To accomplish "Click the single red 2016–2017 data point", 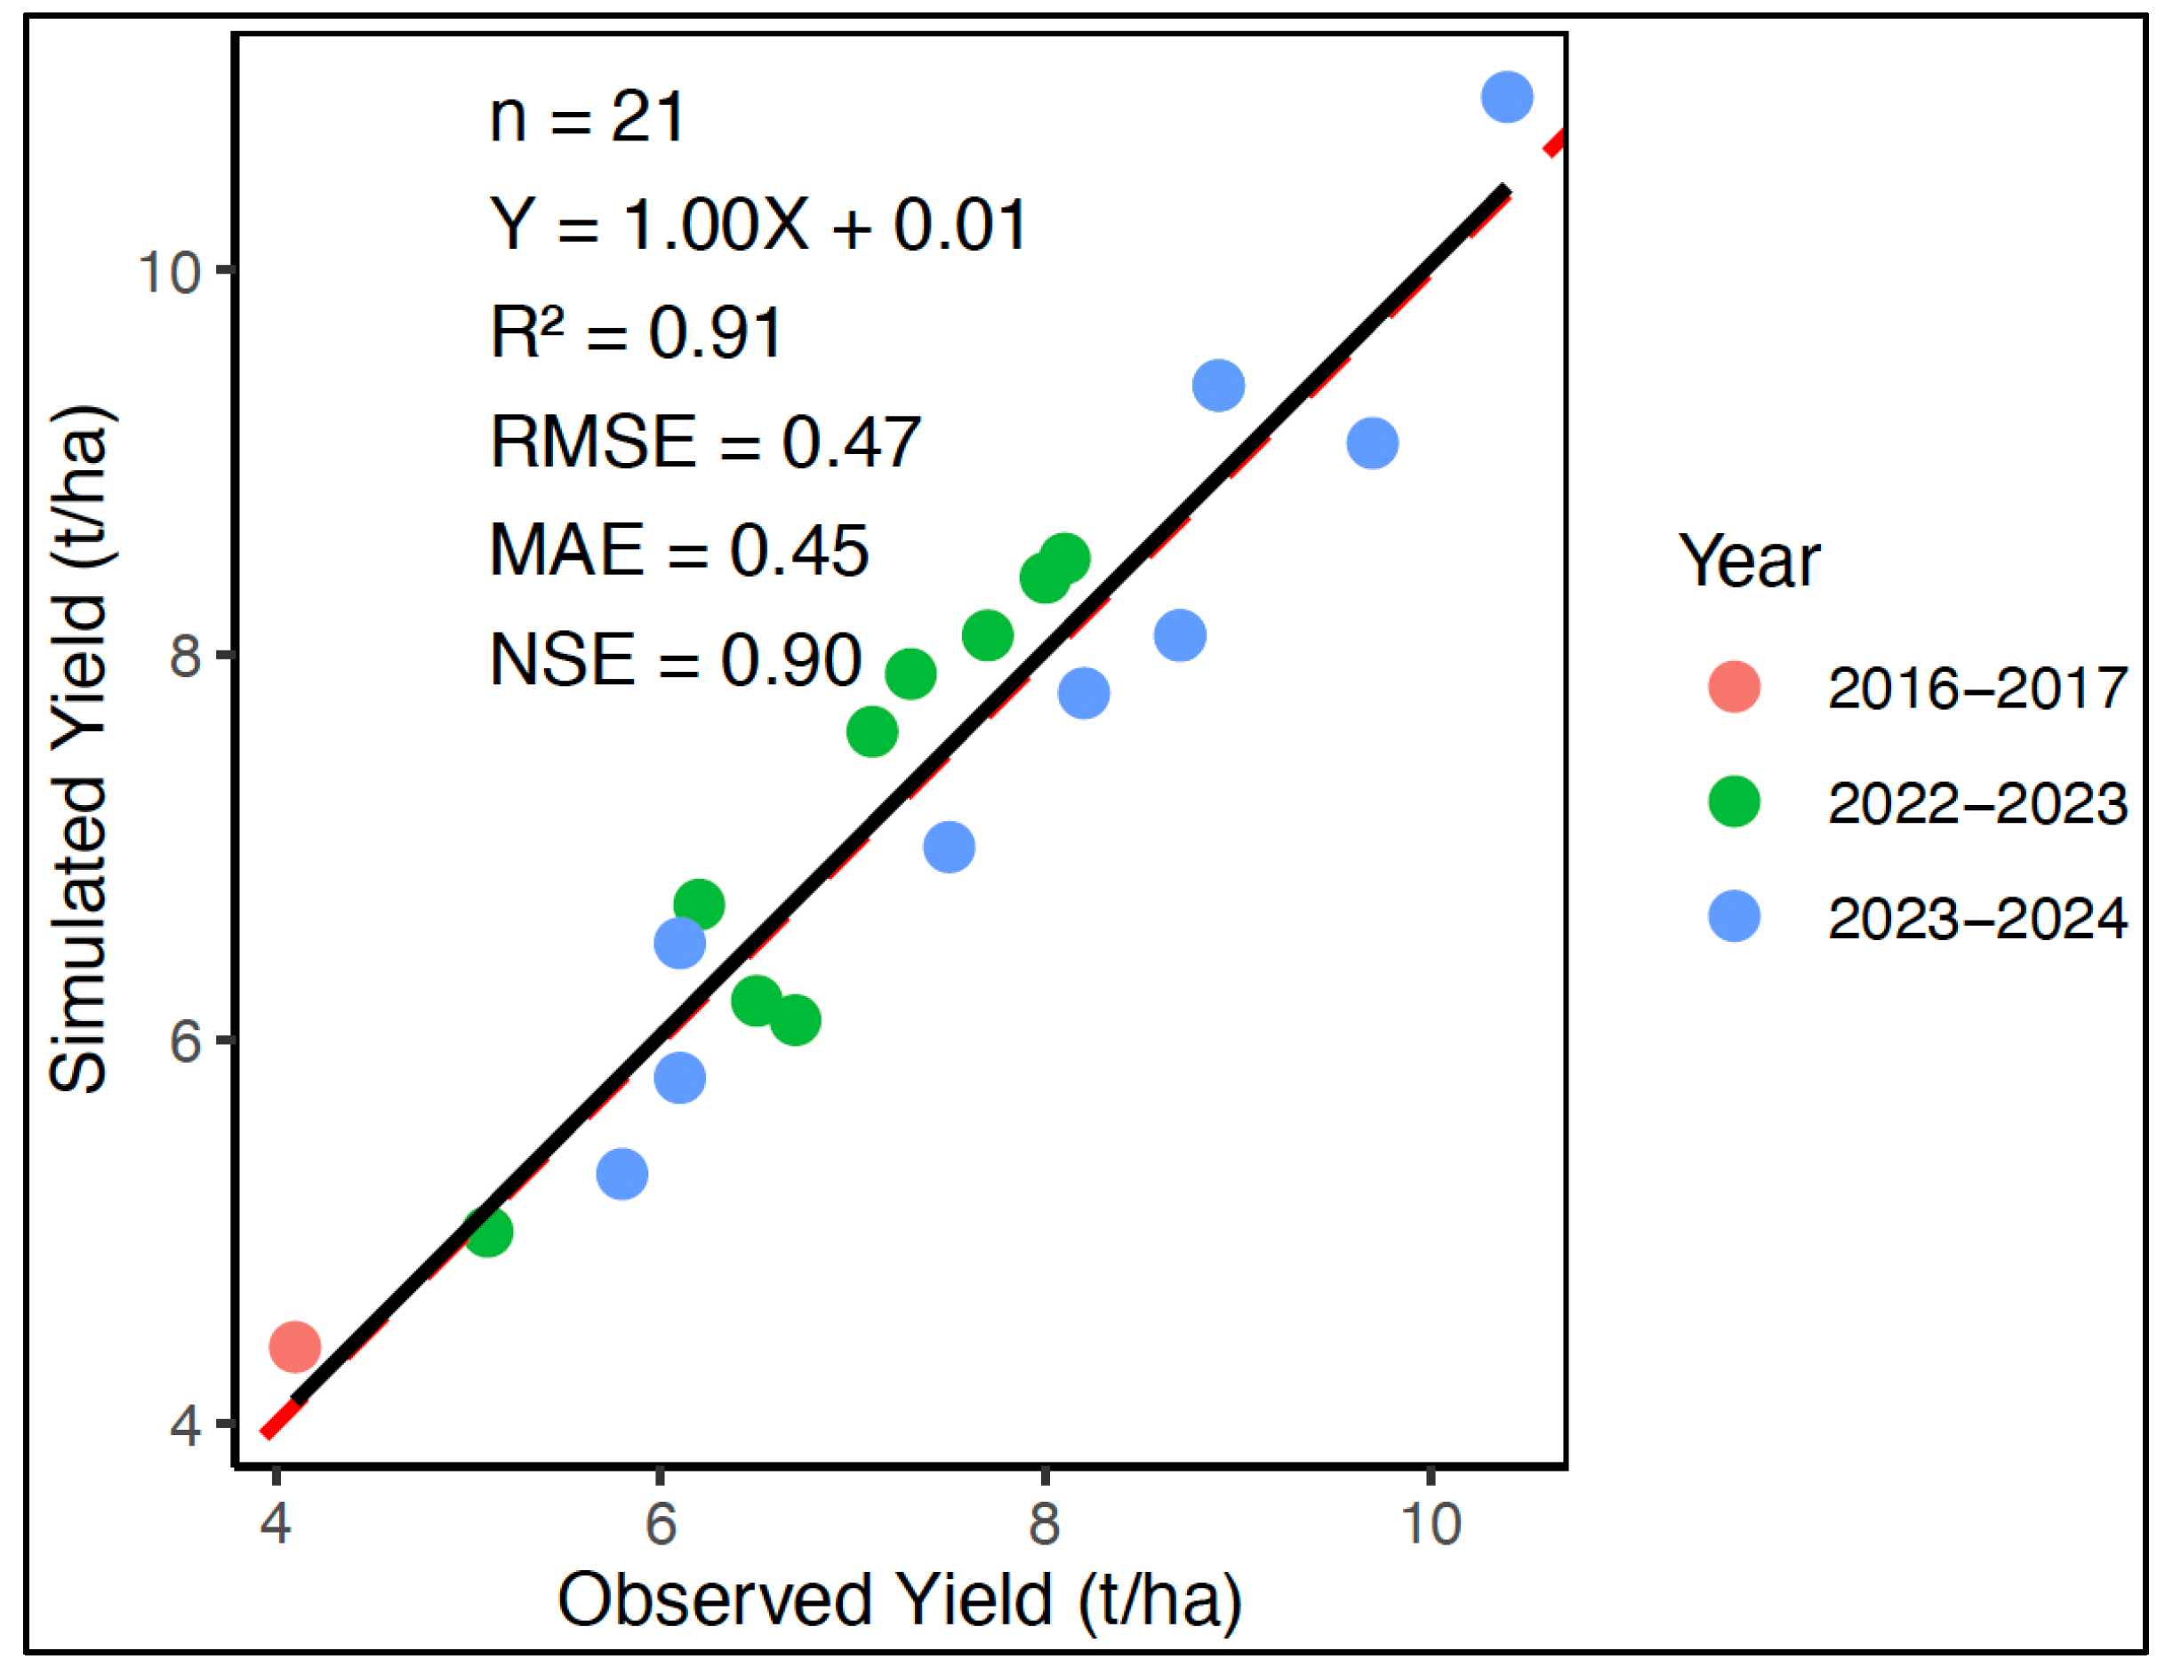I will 294,1347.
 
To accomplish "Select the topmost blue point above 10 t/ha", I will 1506,98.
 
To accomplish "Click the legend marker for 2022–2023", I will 1734,802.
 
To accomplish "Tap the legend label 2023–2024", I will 1977,918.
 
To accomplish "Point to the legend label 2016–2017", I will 1977,687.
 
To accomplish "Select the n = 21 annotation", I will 587,117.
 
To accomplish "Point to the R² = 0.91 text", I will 637,333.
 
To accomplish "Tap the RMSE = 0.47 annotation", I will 705,442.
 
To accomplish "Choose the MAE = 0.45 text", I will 678,550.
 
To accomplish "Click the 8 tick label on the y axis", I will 186,656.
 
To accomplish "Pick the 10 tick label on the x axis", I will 1431,1523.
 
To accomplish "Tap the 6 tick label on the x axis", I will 661,1523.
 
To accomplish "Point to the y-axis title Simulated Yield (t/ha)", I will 80,748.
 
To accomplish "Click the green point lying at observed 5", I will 487,1232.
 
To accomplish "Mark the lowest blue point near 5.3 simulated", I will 621,1174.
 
